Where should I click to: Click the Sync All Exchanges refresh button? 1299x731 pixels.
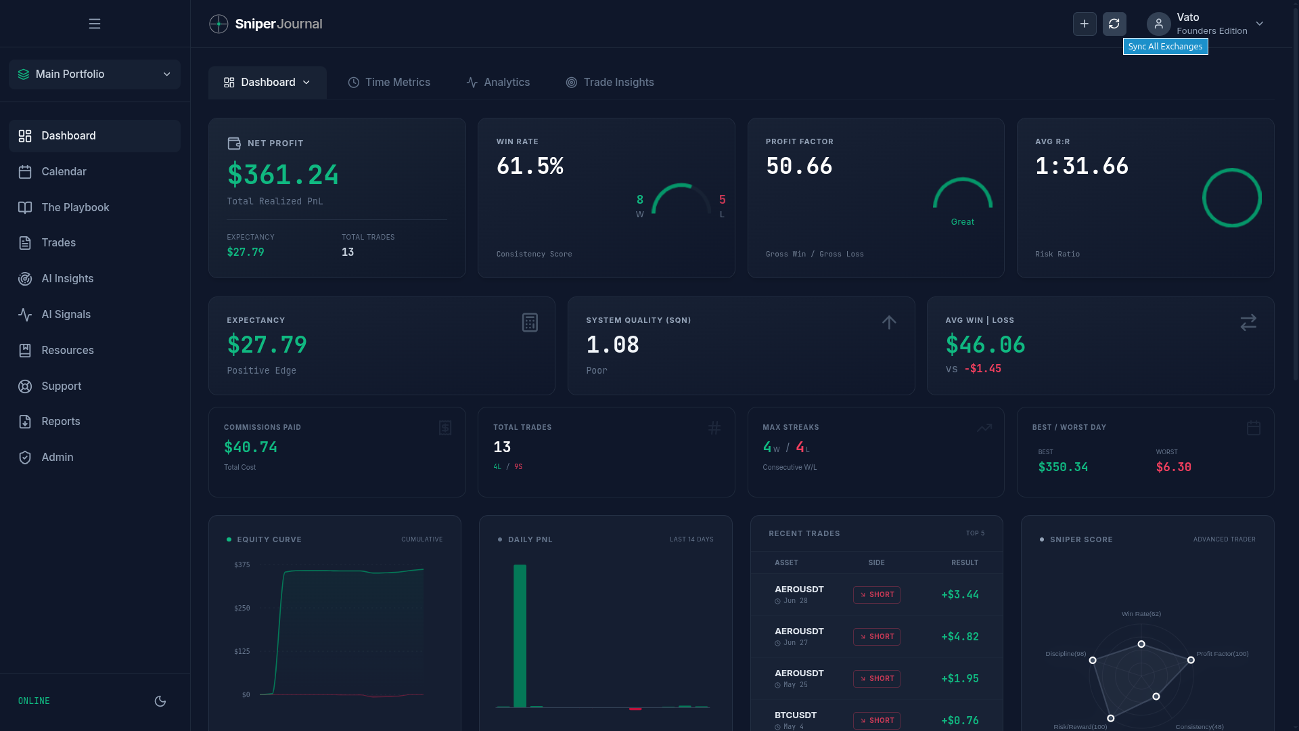1114,24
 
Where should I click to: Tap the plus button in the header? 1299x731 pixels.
1085,24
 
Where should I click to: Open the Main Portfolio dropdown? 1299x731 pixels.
95,74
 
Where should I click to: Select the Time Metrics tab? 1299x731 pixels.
389,83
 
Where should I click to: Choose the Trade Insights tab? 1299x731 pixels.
610,83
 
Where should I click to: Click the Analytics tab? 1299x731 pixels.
498,83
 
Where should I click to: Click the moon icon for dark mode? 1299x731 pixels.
160,701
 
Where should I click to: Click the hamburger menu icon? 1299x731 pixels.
95,24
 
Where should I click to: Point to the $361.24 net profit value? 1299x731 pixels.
283,175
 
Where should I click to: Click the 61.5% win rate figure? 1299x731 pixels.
530,166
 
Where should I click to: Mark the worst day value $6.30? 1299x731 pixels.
1174,467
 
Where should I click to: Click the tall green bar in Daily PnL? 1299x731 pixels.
520,636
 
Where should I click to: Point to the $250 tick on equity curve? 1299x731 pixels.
242,608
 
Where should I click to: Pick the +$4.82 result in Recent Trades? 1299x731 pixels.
960,636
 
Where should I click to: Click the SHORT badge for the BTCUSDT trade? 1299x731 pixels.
877,720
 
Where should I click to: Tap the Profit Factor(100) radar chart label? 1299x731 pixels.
1223,654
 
